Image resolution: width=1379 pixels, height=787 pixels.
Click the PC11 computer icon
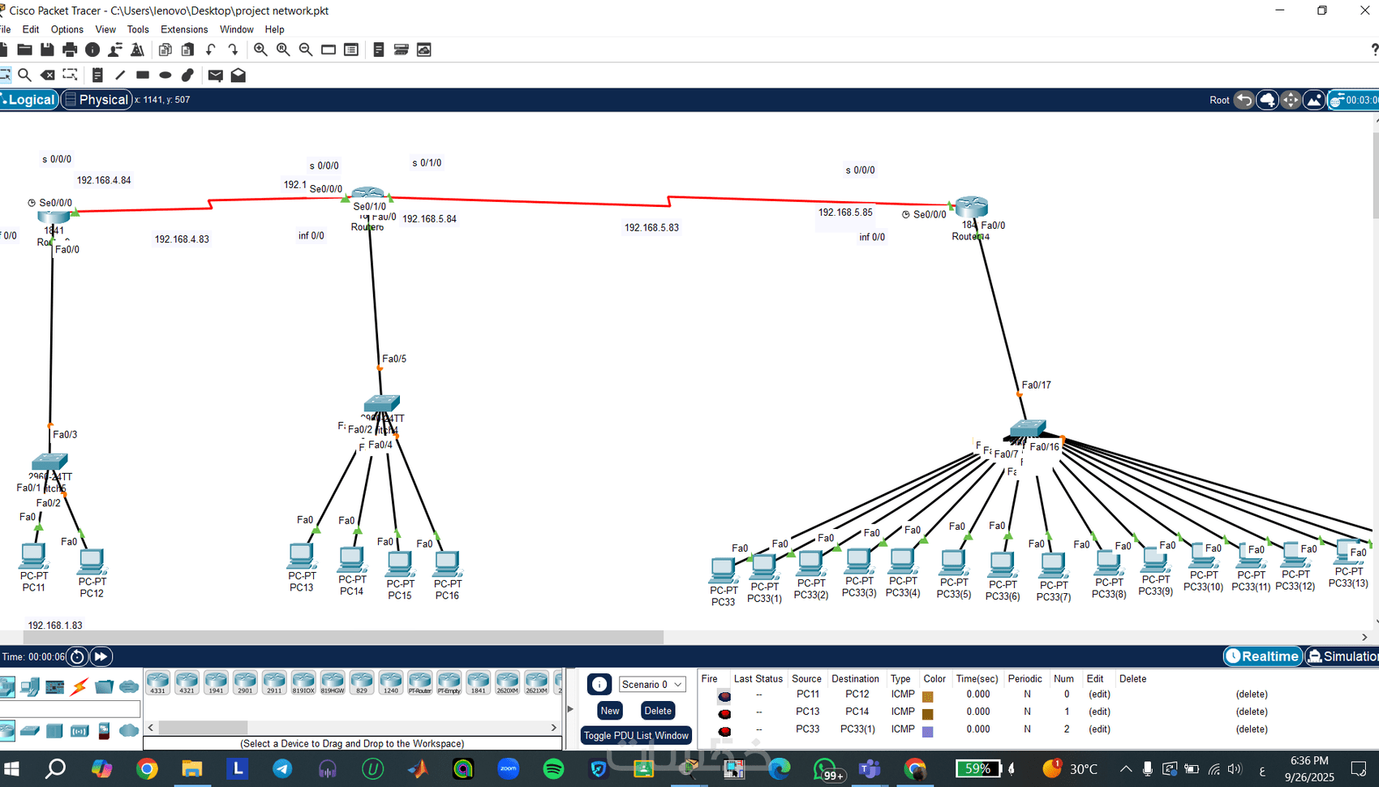(33, 556)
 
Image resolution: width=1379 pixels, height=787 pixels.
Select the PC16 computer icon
(447, 563)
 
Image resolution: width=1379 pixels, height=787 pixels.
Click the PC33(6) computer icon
(1002, 563)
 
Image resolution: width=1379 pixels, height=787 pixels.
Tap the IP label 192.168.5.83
(651, 228)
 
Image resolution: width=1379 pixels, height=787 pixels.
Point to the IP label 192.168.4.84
(104, 180)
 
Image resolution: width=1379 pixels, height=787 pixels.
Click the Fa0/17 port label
(1036, 385)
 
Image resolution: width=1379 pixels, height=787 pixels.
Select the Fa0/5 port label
(394, 359)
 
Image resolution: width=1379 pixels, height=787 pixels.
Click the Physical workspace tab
(97, 100)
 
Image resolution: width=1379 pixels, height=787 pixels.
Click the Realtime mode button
(1263, 656)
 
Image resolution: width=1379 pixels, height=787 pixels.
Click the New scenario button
(610, 711)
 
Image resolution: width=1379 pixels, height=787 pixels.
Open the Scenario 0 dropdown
(651, 685)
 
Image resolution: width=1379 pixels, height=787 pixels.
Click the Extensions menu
(184, 29)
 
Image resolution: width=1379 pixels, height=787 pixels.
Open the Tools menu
(138, 29)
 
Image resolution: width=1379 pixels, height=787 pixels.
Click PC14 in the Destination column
(857, 712)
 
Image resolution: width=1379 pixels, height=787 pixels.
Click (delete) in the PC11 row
(1251, 695)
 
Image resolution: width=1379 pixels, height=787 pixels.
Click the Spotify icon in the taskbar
(553, 768)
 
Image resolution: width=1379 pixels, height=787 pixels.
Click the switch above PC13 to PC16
(381, 403)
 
